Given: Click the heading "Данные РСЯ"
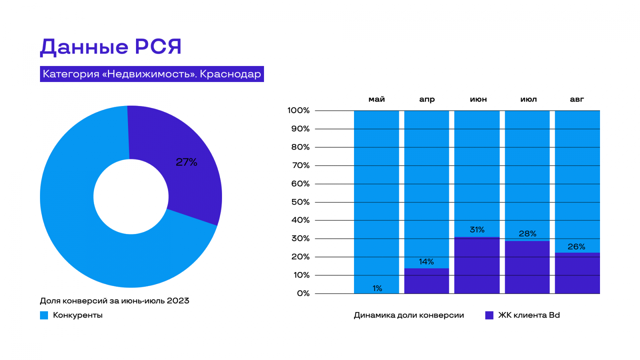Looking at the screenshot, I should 111,47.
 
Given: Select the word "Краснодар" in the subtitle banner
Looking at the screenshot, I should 230,74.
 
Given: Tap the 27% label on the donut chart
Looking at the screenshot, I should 186,162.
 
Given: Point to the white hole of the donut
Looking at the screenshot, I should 131,196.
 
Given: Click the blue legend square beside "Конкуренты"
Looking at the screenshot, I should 44,315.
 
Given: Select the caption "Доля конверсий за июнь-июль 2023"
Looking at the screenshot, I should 114,301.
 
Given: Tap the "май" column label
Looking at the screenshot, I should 376,99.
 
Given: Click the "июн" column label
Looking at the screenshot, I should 478,99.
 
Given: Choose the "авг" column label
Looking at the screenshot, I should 577,99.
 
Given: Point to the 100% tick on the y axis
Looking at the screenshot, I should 298,110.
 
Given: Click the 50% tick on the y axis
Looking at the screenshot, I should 300,202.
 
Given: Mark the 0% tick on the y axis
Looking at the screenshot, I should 303,293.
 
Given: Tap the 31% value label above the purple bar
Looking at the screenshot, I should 477,230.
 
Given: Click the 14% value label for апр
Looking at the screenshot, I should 426,262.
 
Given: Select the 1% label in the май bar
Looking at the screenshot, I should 377,288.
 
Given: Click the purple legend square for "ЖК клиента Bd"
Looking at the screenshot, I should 489,315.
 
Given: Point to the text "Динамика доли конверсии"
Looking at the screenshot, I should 409,315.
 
